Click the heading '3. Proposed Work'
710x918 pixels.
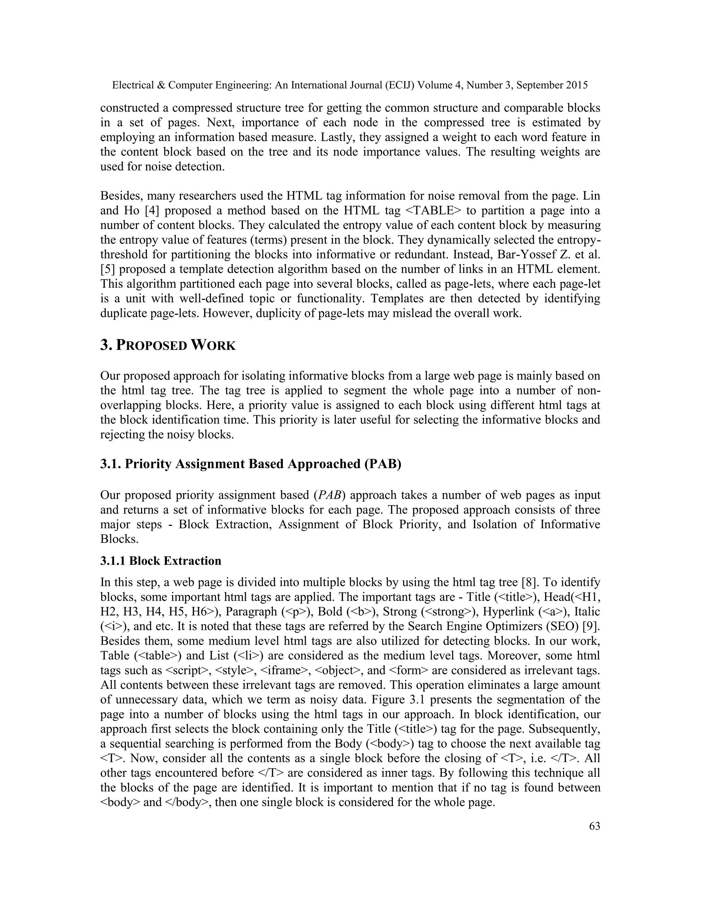point(168,345)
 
